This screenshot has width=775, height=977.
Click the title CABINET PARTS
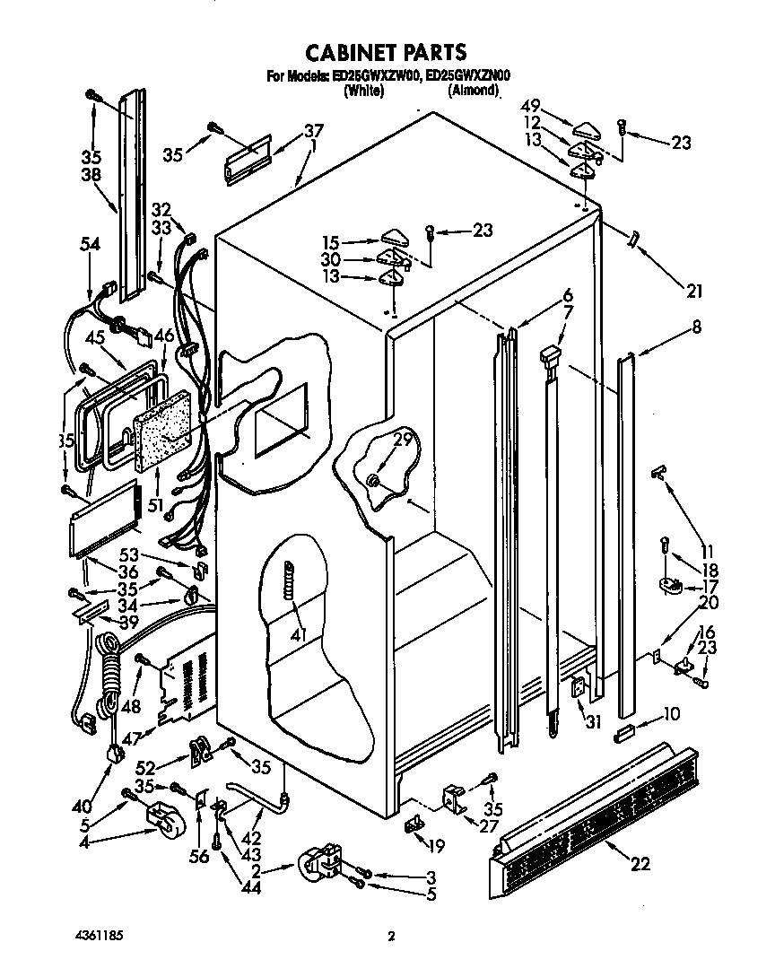(387, 51)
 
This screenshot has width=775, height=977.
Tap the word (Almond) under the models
(474, 90)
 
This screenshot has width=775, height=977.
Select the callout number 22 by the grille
(640, 864)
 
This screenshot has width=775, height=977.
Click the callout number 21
(694, 291)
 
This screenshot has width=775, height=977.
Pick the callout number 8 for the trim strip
(696, 328)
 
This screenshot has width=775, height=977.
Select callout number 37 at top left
(312, 131)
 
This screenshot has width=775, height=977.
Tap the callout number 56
(199, 857)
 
